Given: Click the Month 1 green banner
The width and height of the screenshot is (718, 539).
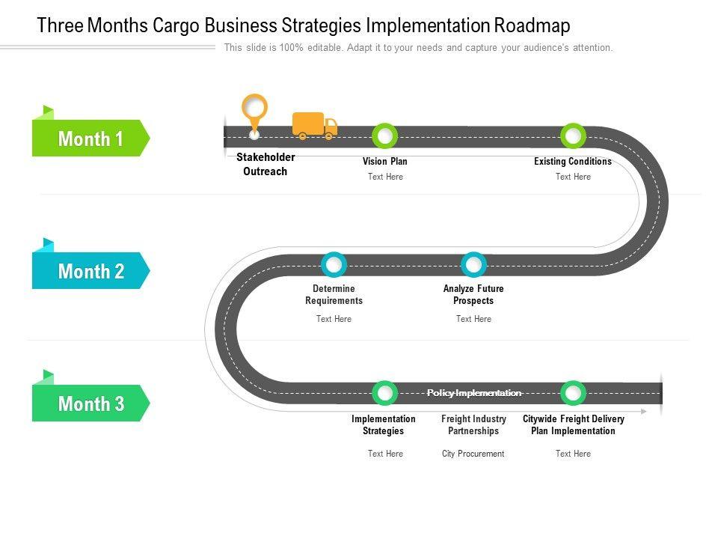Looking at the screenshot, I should tap(90, 138).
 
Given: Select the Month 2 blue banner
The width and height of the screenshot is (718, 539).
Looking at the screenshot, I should tap(90, 271).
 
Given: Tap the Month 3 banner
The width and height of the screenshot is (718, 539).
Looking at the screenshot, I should tap(90, 404).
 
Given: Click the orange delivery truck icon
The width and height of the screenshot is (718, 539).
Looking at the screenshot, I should tap(314, 126).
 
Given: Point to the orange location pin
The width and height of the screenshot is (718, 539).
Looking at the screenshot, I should tap(254, 110).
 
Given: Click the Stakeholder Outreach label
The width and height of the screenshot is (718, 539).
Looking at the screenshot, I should tap(266, 165).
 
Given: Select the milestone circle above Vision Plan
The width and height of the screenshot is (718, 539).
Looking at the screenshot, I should tap(384, 136).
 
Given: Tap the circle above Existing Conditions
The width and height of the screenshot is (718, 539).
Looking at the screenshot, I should tap(573, 136).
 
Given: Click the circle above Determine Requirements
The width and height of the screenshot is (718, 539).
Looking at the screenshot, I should tap(334, 264).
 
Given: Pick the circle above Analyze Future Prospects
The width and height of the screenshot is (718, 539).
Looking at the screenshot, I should tap(473, 264).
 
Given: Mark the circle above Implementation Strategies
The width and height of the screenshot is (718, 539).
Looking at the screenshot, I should tap(384, 393).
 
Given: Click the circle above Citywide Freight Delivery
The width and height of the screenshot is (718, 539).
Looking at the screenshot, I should tap(573, 393).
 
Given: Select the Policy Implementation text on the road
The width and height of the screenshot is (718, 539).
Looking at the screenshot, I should tap(473, 393).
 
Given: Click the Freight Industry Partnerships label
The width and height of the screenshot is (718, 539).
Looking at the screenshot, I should tap(473, 424).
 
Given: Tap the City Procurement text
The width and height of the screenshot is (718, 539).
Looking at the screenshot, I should tap(473, 454).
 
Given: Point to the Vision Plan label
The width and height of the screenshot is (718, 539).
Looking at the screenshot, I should tap(384, 162).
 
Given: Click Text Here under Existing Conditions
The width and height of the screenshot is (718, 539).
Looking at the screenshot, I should tap(573, 177).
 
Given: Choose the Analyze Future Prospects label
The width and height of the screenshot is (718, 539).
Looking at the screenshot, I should tap(473, 294).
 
